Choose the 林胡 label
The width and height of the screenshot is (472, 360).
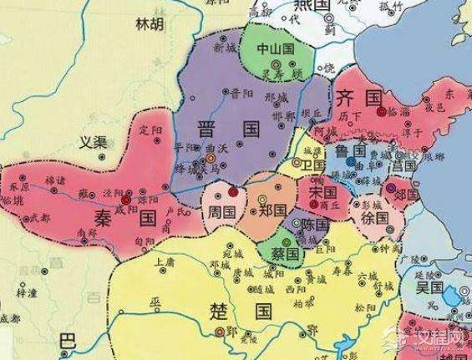tap(150, 25)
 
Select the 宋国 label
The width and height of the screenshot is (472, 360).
tap(322, 194)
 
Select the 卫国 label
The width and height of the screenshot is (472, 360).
tap(313, 166)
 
